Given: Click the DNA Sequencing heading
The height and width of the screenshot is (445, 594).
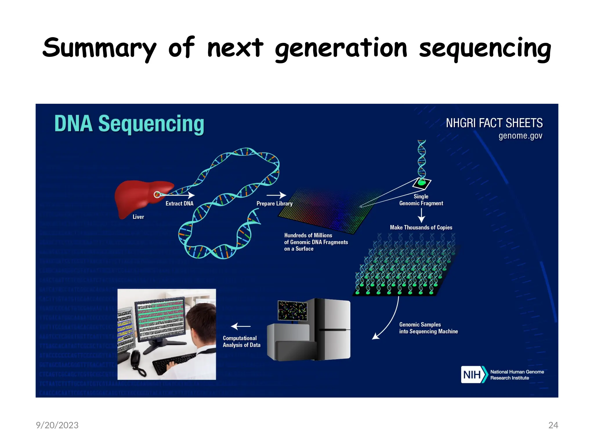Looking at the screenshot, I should [129, 124].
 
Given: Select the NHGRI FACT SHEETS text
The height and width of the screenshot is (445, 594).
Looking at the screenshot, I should [494, 123].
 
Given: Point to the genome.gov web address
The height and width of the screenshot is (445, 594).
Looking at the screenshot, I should [520, 136].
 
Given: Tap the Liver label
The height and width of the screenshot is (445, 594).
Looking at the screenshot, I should [138, 217].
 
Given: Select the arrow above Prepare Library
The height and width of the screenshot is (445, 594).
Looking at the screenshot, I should [276, 195].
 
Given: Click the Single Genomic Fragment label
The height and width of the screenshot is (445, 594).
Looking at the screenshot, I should [421, 200].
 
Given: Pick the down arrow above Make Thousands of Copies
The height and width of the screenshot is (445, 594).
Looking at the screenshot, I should [421, 215].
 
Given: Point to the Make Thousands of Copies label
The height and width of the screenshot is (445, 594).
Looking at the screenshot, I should [421, 227].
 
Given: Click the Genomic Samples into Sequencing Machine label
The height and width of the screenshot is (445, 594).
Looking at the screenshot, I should [428, 328].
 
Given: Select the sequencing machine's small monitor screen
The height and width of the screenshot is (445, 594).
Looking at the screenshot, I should [292, 310].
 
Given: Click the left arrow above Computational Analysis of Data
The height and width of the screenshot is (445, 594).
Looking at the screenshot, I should [241, 326].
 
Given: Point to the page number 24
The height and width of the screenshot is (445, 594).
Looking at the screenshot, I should [553, 425].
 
